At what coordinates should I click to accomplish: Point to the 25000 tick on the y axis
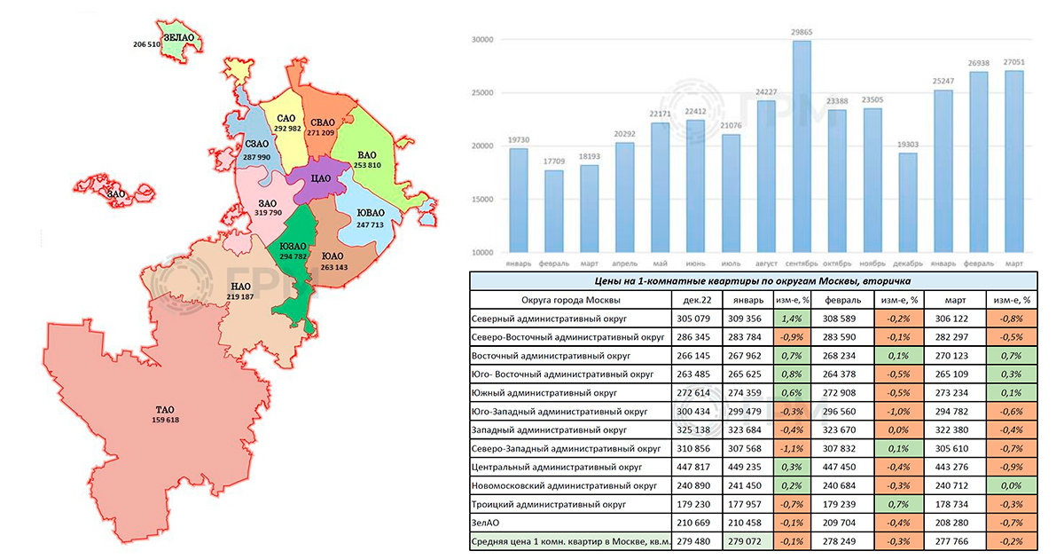pos(481,92)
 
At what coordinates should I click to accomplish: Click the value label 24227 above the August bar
pos(765,91)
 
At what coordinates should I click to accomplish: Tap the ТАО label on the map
pos(165,410)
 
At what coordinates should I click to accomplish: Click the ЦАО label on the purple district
pos(321,178)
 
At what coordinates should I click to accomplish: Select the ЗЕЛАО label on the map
pos(178,36)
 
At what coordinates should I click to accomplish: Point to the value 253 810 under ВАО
pos(362,165)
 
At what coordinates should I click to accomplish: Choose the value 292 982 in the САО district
pos(288,129)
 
